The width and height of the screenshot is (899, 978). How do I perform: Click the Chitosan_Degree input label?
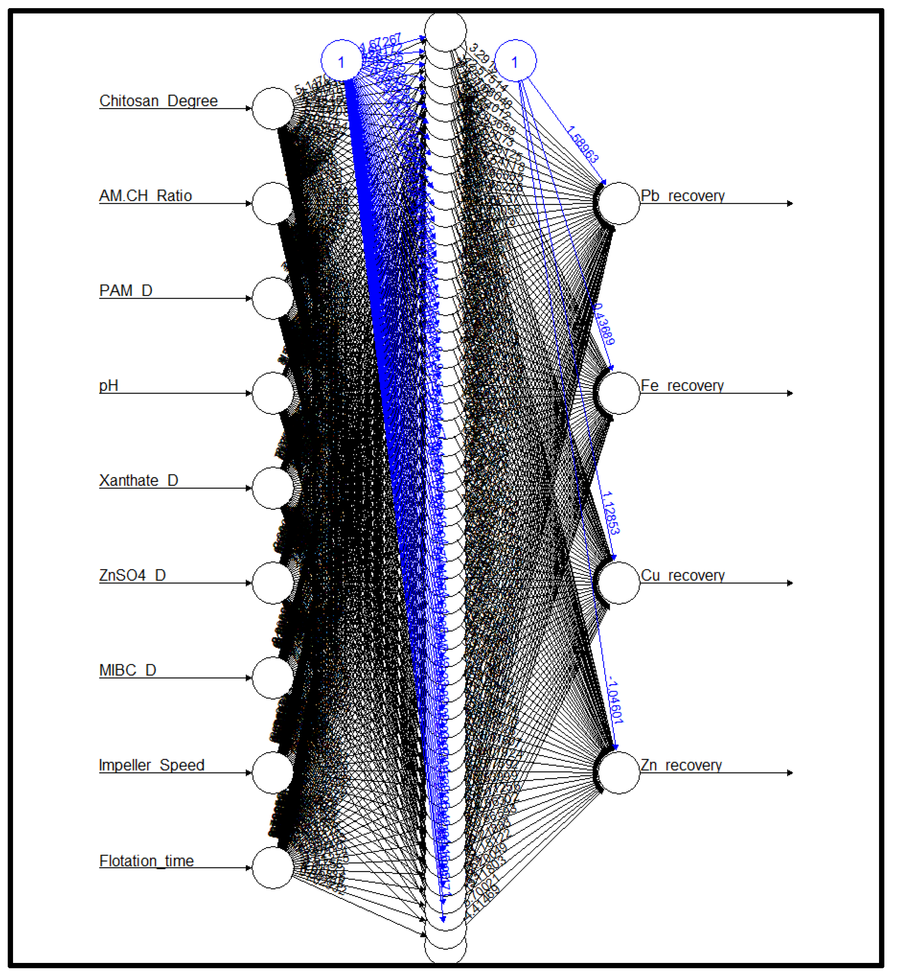(158, 101)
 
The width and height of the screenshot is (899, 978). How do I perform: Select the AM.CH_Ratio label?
(145, 196)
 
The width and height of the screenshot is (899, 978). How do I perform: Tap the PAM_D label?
(126, 290)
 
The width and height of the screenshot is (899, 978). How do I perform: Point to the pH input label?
(108, 385)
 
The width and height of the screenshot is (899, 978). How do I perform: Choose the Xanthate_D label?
(138, 480)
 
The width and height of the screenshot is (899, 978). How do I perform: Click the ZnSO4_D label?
(132, 575)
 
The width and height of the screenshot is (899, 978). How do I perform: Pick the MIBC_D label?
(127, 670)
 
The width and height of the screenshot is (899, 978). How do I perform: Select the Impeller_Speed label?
(151, 765)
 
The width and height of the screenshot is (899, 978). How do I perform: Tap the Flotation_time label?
(146, 861)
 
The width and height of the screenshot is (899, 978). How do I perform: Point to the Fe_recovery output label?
(681, 385)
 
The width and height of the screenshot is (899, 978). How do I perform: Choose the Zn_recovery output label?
(681, 765)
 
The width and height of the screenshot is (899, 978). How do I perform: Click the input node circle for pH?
(273, 393)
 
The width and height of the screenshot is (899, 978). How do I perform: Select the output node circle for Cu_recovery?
(618, 583)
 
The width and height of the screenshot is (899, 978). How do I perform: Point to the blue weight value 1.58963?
(583, 144)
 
